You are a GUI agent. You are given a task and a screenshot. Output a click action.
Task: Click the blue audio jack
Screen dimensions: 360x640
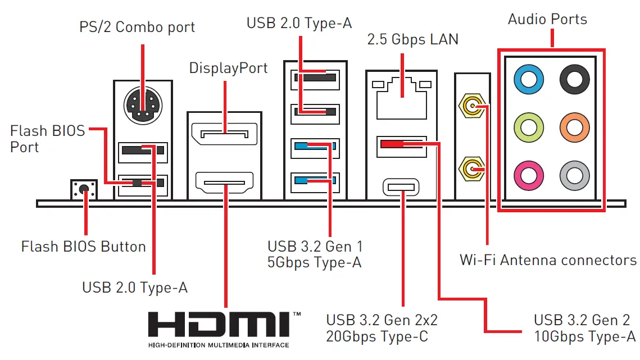pyautogui.click(x=529, y=80)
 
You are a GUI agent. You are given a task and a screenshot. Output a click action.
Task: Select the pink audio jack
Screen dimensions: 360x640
pyautogui.click(x=529, y=176)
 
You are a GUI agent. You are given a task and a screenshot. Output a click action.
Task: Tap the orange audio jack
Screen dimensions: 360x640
pyautogui.click(x=574, y=128)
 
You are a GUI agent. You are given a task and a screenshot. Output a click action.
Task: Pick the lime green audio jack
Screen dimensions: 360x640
pyautogui.click(x=529, y=128)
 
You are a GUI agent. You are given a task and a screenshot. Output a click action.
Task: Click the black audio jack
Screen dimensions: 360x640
pyautogui.click(x=574, y=80)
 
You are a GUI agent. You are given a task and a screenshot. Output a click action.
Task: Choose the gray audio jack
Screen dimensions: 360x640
pyautogui.click(x=574, y=176)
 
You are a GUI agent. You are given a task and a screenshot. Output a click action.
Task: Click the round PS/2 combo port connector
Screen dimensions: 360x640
pyautogui.click(x=142, y=105)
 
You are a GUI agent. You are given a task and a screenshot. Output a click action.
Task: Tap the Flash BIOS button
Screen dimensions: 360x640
pyautogui.click(x=84, y=189)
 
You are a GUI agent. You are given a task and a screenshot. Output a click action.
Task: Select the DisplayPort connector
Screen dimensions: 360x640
pyautogui.click(x=224, y=135)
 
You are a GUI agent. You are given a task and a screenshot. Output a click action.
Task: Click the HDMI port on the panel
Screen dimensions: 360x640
pyautogui.click(x=224, y=183)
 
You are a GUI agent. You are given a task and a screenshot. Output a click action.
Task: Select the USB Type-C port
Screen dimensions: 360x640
pyautogui.click(x=401, y=187)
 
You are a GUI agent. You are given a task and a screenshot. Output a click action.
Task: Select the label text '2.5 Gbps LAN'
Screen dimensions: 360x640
pyautogui.click(x=412, y=39)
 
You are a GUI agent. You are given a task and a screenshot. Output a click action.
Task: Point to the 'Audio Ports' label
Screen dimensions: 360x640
pyautogui.click(x=547, y=19)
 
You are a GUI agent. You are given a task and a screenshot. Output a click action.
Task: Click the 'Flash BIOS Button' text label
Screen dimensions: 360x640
pyautogui.click(x=83, y=247)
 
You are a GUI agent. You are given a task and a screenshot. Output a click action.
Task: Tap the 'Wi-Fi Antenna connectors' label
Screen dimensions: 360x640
pyautogui.click(x=548, y=260)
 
